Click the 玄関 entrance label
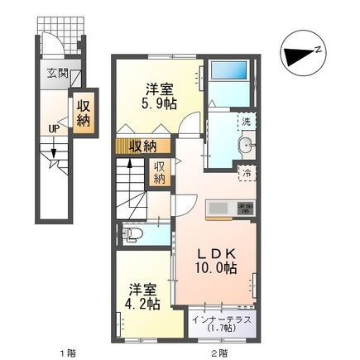[57, 73]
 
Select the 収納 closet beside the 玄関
[84, 113]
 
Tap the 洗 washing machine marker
[246, 122]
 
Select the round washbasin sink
[245, 148]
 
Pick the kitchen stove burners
[245, 208]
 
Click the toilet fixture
[134, 236]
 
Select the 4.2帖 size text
[142, 304]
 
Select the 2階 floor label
[218, 354]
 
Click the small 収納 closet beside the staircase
[159, 172]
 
